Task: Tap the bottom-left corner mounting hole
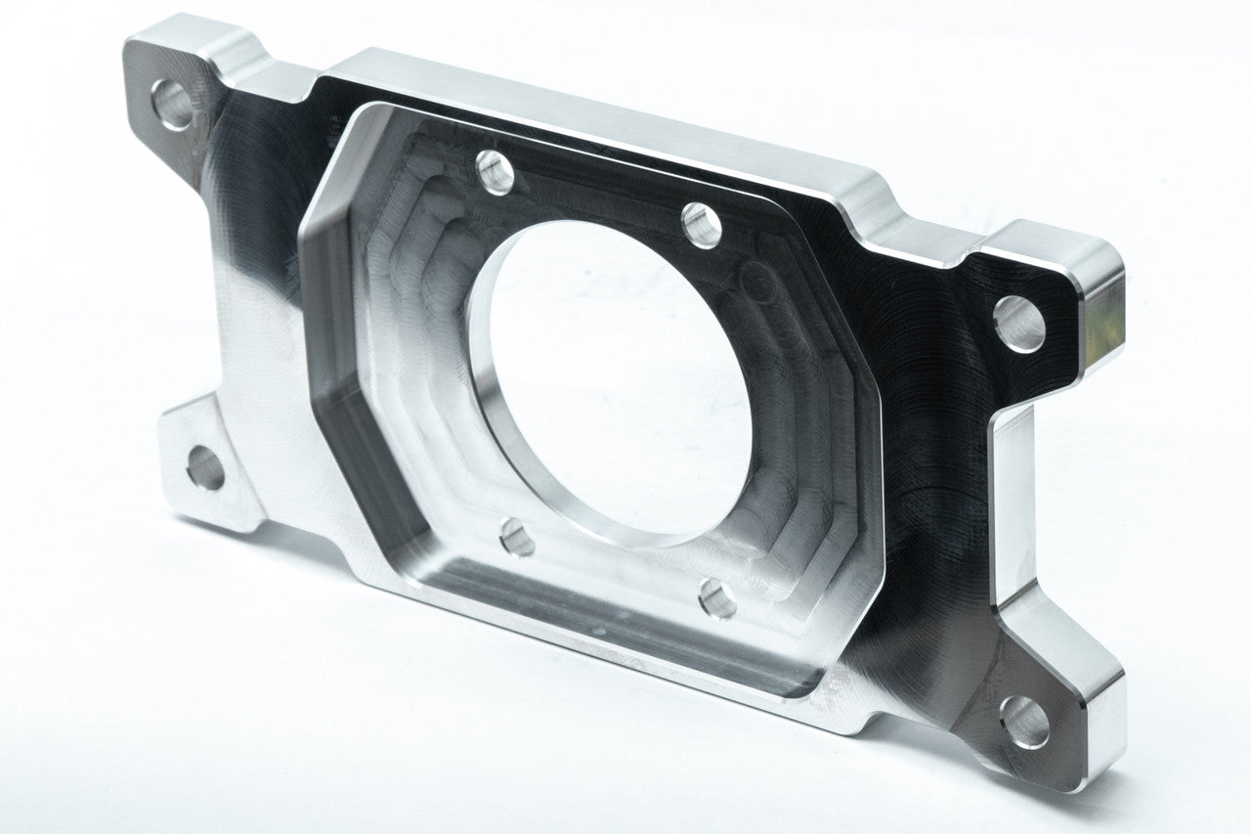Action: tap(204, 467)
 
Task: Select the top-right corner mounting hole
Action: tap(1018, 324)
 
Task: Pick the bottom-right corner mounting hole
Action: tap(1024, 722)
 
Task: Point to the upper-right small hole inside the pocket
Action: tap(701, 226)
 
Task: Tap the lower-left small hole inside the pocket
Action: tap(516, 537)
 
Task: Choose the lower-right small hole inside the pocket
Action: tap(717, 598)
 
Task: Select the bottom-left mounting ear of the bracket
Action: tap(210, 460)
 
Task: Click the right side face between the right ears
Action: tap(1007, 508)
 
